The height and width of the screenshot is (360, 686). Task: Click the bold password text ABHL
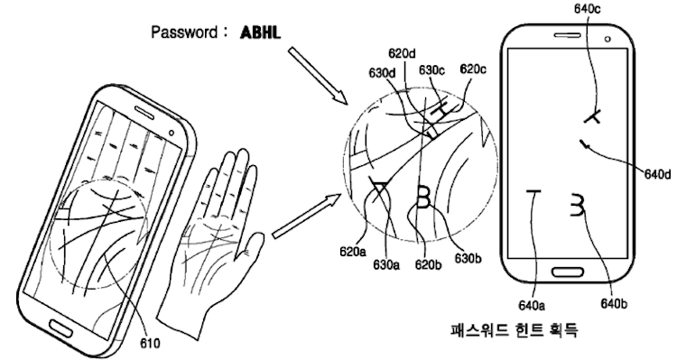click(x=260, y=32)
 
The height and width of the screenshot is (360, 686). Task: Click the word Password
click(x=184, y=32)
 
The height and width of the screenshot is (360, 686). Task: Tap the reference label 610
click(x=150, y=343)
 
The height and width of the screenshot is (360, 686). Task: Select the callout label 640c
click(x=587, y=9)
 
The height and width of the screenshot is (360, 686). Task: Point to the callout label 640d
click(x=657, y=174)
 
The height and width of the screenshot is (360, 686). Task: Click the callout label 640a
click(x=532, y=305)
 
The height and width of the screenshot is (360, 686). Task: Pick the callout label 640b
click(x=613, y=303)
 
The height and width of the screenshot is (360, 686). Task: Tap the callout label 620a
click(x=353, y=252)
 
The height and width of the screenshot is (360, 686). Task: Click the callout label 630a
click(x=386, y=264)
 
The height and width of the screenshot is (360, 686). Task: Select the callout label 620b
click(x=429, y=264)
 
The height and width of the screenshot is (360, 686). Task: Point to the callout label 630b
click(x=468, y=259)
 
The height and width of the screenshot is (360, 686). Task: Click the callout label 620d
click(x=402, y=54)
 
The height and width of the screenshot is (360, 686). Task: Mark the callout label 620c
click(x=473, y=69)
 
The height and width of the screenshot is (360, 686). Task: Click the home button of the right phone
click(x=567, y=272)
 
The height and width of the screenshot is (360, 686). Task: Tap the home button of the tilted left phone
click(x=61, y=327)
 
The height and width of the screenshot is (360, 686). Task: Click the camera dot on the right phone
click(x=607, y=39)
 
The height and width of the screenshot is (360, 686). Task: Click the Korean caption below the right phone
click(x=514, y=329)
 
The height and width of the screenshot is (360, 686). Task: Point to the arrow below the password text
click(x=318, y=76)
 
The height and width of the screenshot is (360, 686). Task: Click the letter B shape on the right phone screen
click(x=578, y=205)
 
